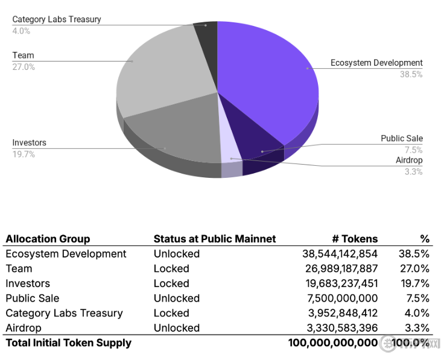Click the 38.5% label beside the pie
pos(411,74)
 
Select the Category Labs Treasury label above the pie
pos(57,19)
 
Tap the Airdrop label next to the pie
pos(409,160)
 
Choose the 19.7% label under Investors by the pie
pos(24,154)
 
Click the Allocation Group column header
pos(48,239)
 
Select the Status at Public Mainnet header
pos(215,239)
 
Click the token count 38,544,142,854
pos(340,254)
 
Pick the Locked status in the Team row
pos(171,268)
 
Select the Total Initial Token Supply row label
pos(68,343)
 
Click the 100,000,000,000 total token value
pos(333,343)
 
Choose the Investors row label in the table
pos(28,283)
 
